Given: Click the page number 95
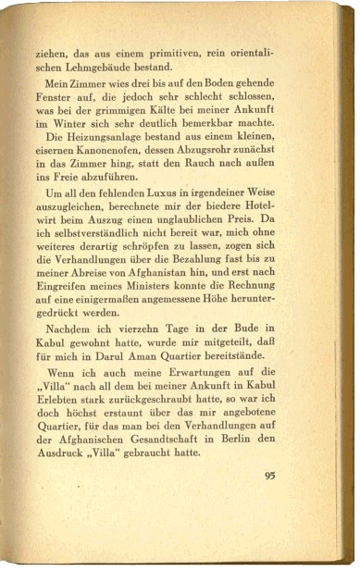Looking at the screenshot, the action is [x=269, y=476].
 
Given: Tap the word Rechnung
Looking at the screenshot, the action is [x=271, y=299].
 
